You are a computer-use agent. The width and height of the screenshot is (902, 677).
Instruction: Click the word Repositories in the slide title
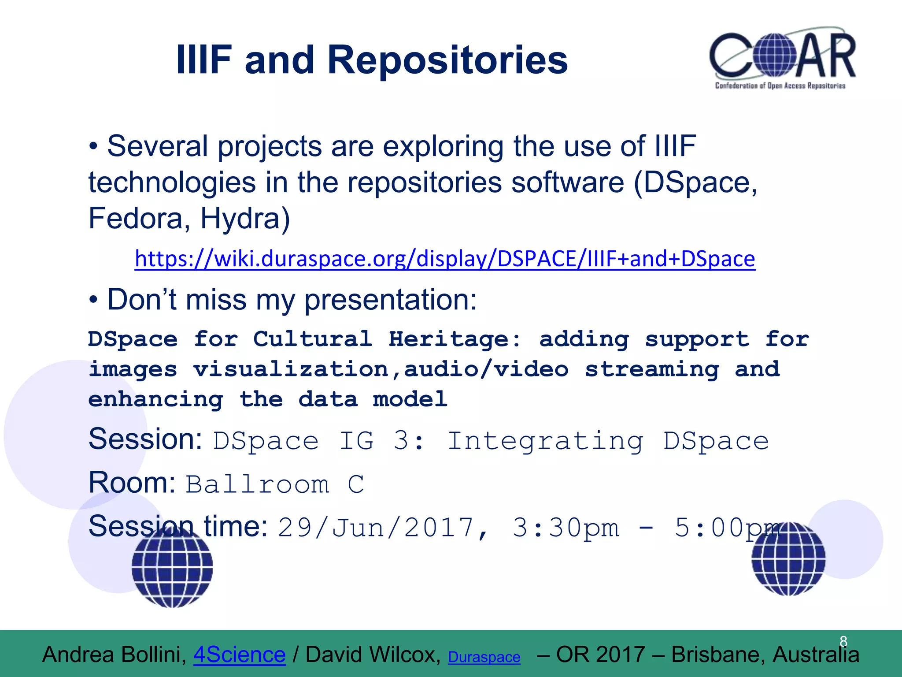click(x=447, y=60)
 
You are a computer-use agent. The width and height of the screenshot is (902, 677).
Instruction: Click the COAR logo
click(x=782, y=60)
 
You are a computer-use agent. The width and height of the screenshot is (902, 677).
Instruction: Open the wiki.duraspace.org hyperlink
click(x=445, y=259)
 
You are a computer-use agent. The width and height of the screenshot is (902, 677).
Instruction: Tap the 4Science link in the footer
click(x=240, y=655)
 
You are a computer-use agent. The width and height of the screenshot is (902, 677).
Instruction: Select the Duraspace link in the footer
click(x=484, y=657)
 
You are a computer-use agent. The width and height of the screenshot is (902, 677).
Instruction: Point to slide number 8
click(x=843, y=641)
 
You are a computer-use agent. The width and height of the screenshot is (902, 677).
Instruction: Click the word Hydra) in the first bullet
click(x=245, y=219)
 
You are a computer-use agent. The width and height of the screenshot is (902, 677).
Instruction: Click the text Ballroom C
click(x=275, y=484)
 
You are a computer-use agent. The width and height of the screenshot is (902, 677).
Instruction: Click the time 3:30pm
click(x=566, y=528)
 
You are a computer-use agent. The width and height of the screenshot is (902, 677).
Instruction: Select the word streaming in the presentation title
click(x=652, y=369)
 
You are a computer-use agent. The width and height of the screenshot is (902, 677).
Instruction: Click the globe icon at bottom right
click(x=788, y=558)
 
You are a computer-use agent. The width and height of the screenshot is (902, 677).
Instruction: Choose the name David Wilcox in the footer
click(x=373, y=655)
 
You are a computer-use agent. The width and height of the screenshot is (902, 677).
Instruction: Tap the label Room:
click(x=132, y=483)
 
